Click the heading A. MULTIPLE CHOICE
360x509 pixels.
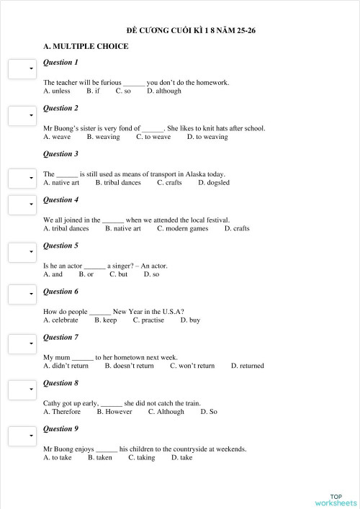pyautogui.click(x=86, y=47)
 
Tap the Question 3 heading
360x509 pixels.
pyautogui.click(x=60, y=154)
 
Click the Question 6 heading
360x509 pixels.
pyautogui.click(x=60, y=292)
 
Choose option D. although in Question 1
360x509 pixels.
pyautogui.click(x=164, y=91)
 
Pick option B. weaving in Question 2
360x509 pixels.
pyautogui.click(x=103, y=137)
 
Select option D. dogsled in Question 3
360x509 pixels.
pyautogui.click(x=214, y=183)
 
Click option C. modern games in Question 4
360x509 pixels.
pyautogui.click(x=183, y=229)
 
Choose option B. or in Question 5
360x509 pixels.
pyautogui.click(x=86, y=274)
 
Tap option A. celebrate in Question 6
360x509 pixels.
pyautogui.click(x=60, y=320)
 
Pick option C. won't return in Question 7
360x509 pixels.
pyautogui.click(x=192, y=366)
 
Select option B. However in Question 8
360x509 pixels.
pyautogui.click(x=114, y=412)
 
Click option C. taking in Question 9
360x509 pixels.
pyautogui.click(x=142, y=458)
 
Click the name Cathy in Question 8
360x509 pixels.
pyautogui.click(x=53, y=403)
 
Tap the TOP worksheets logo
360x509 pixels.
pyautogui.click(x=336, y=500)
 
